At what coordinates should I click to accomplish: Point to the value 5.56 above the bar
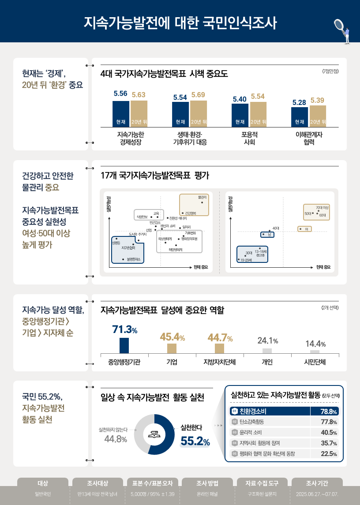tap(120, 94)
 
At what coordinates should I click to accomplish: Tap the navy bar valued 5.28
tap(299, 117)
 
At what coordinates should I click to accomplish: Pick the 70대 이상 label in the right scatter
tap(322, 207)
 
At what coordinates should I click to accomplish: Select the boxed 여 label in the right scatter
tap(306, 228)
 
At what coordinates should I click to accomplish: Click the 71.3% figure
tap(125, 329)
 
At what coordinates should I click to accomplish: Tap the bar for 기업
tap(172, 348)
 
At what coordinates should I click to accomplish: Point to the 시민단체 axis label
tap(315, 363)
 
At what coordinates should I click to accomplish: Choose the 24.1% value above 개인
tap(267, 340)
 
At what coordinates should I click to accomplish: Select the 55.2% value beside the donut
tap(195, 441)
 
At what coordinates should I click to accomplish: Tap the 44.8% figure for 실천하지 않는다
tap(116, 439)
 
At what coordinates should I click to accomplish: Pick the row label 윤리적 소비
tap(251, 432)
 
